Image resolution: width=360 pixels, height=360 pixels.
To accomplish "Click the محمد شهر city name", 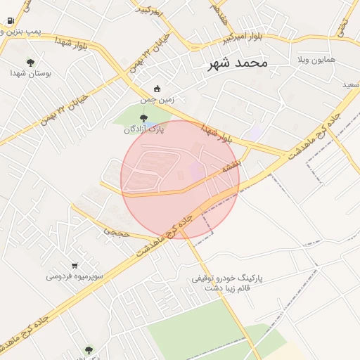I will tap(238, 63).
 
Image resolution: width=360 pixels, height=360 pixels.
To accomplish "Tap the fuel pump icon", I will tap(10, 20).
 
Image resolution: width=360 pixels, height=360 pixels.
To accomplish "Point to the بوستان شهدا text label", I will tap(29, 72).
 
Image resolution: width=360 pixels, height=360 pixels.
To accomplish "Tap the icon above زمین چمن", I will tap(157, 89).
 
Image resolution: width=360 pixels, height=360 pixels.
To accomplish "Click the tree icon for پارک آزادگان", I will tap(144, 118).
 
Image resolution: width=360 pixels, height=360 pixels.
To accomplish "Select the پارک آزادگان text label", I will tap(143, 129).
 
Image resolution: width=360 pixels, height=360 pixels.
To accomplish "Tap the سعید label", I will tap(349, 84).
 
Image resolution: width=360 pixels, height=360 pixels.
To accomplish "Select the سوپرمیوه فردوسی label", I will tap(75, 276).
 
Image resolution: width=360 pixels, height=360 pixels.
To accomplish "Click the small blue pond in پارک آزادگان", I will tap(148, 125).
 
